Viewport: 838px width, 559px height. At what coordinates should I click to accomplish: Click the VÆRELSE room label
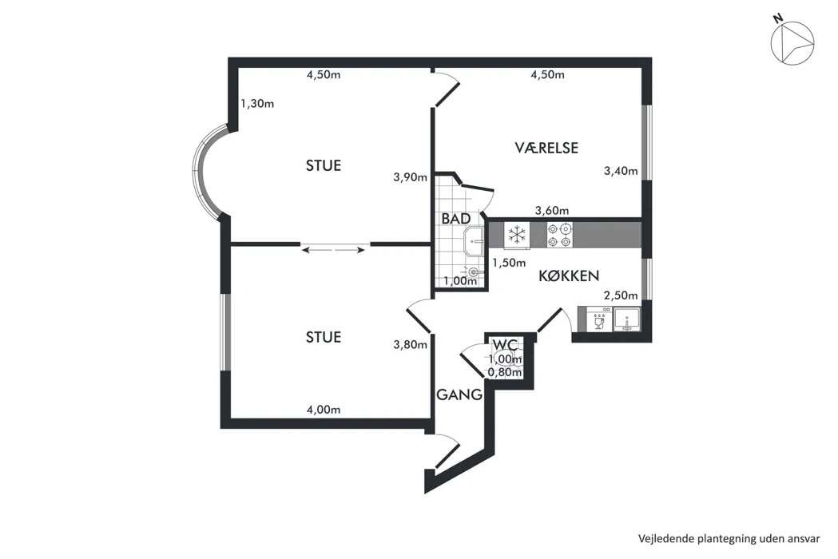(x=546, y=148)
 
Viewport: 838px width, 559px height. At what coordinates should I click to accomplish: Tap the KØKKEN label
(x=569, y=276)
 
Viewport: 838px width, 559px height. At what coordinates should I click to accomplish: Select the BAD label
(x=456, y=219)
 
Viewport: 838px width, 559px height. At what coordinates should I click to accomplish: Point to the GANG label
(x=459, y=395)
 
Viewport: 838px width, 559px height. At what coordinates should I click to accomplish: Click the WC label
(x=505, y=344)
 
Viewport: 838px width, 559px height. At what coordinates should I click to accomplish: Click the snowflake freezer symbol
(x=517, y=234)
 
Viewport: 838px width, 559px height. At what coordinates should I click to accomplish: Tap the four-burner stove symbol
(x=559, y=235)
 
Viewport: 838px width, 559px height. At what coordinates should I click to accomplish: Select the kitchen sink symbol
(x=627, y=319)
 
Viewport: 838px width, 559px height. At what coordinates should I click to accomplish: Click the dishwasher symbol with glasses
(x=599, y=319)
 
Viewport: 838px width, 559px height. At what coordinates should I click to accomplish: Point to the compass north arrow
(x=792, y=43)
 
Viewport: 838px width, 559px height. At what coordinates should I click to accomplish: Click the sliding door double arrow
(x=335, y=248)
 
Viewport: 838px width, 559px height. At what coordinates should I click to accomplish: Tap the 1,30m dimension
(x=257, y=104)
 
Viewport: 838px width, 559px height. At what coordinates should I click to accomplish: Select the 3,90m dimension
(x=411, y=177)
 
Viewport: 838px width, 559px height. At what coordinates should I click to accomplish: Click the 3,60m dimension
(x=552, y=211)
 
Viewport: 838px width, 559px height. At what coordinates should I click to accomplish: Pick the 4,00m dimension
(x=324, y=410)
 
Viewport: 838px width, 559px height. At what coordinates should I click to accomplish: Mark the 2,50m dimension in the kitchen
(x=621, y=295)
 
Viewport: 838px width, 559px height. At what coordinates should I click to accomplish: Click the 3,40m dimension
(x=621, y=171)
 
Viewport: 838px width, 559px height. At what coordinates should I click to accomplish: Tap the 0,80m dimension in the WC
(x=505, y=372)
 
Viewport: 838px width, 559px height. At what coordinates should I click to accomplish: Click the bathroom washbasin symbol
(x=474, y=241)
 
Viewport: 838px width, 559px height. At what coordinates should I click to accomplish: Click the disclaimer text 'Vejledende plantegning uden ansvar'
(x=729, y=539)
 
